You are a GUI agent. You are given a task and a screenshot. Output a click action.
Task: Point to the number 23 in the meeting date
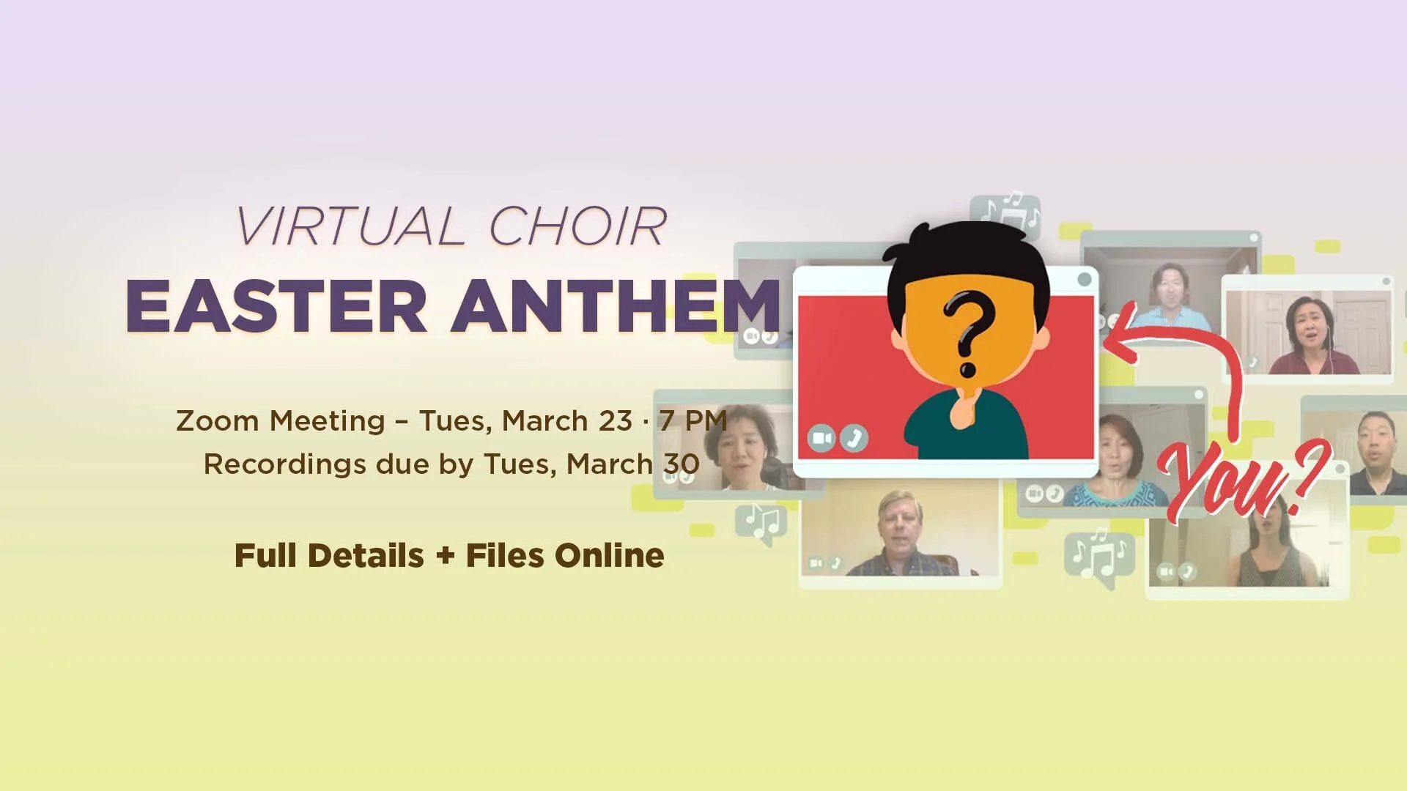[x=615, y=421]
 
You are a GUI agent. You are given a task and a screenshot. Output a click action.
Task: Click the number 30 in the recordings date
[x=682, y=464]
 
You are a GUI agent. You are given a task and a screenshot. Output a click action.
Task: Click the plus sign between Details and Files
[x=445, y=556]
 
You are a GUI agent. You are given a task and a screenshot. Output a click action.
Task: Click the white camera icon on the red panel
[x=821, y=438]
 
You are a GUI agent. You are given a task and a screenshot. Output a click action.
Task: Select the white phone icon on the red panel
[x=854, y=438]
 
